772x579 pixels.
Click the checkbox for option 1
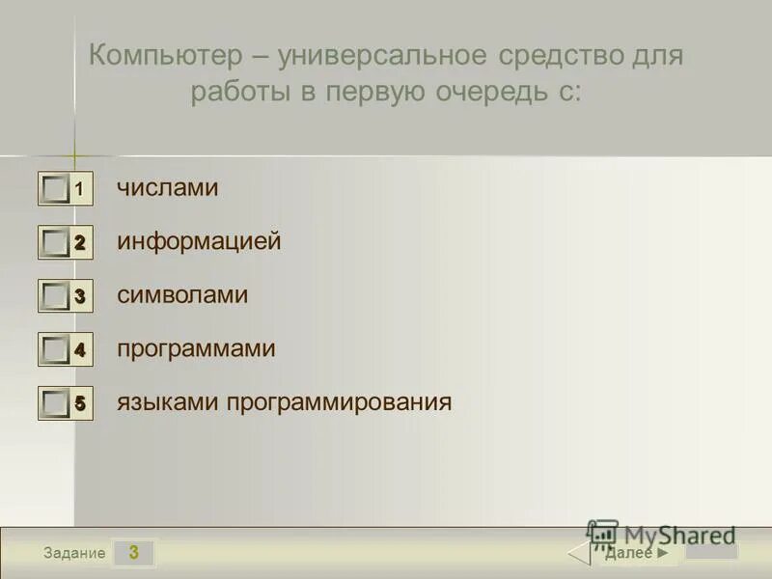click(x=56, y=189)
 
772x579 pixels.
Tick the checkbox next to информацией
click(x=56, y=243)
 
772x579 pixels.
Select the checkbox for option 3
click(x=56, y=296)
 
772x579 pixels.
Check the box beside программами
click(x=56, y=350)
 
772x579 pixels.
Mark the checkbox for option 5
click(x=56, y=403)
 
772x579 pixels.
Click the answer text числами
click(x=168, y=188)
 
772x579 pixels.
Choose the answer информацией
click(x=199, y=241)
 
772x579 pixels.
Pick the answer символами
click(x=182, y=295)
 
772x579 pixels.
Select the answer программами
click(x=196, y=348)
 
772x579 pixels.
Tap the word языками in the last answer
click(x=168, y=401)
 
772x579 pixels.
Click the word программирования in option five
click(x=339, y=401)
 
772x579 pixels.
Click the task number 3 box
click(x=134, y=553)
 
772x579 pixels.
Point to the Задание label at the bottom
click(x=74, y=553)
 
